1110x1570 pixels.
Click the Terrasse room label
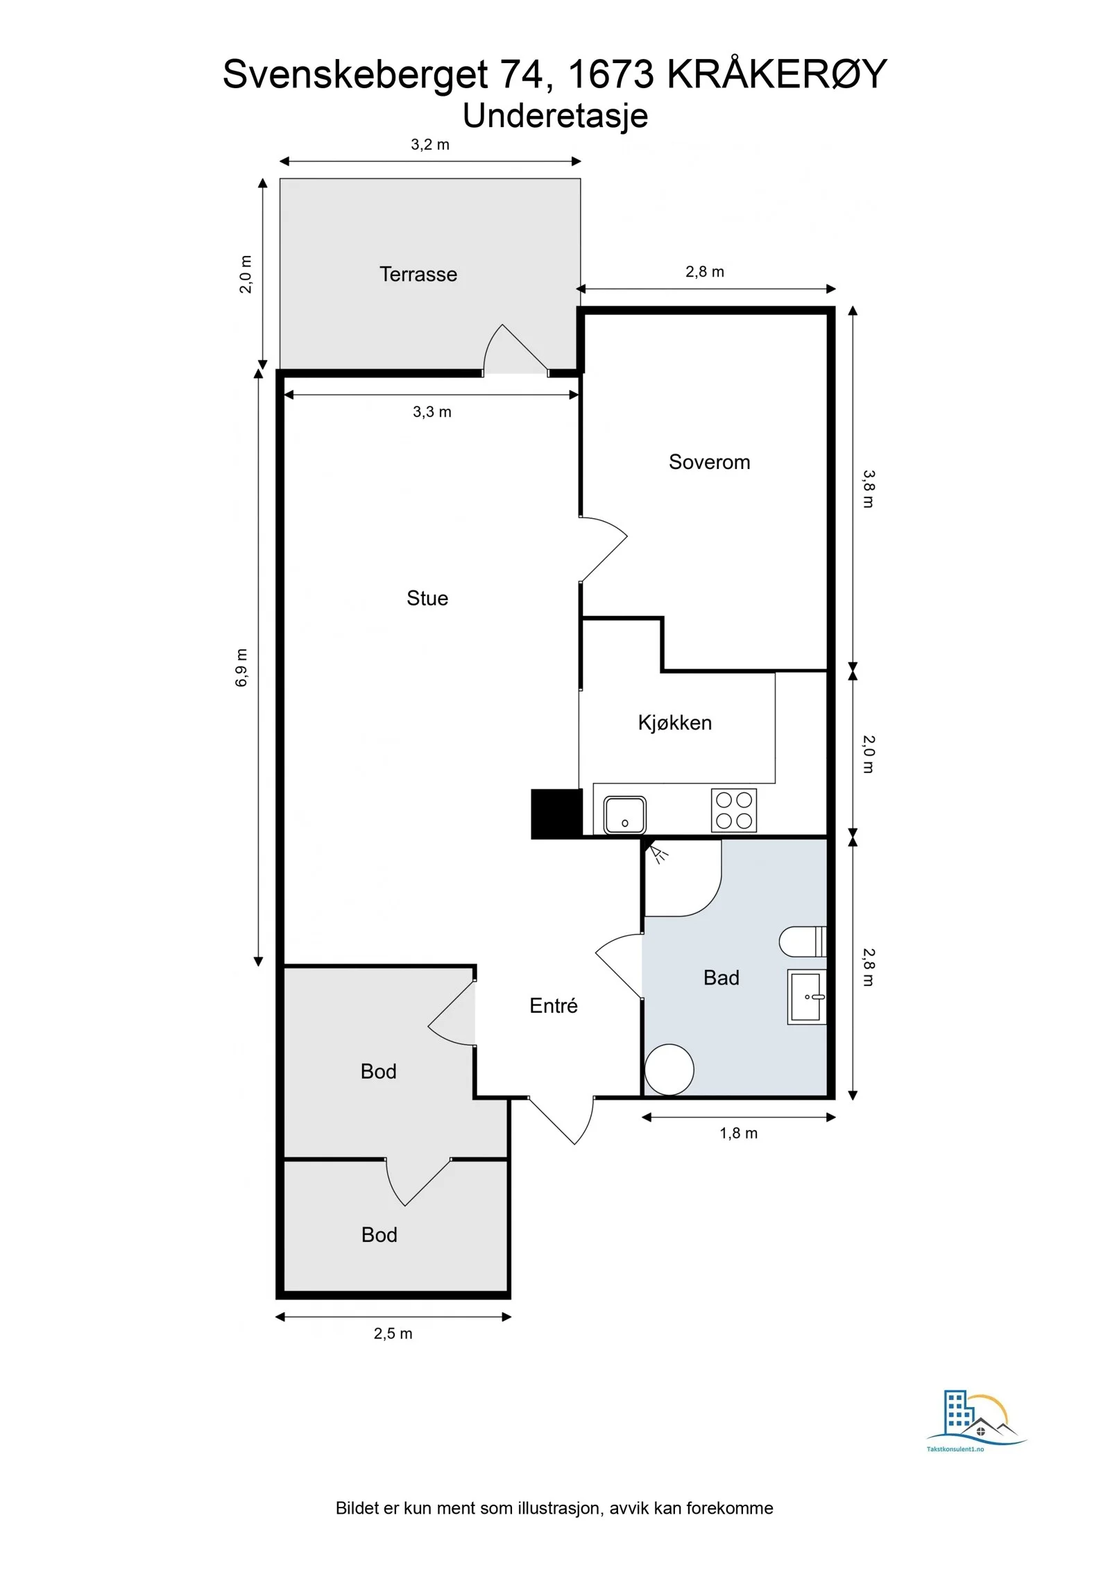(x=418, y=274)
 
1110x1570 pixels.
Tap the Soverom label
(x=709, y=462)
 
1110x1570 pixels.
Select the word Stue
(x=427, y=598)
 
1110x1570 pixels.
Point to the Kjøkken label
(x=674, y=723)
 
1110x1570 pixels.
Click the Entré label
(x=553, y=1005)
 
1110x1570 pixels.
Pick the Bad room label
(x=721, y=978)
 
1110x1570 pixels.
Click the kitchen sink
(x=624, y=814)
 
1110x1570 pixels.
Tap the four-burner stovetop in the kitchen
(x=734, y=810)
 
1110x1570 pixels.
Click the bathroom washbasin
(x=807, y=997)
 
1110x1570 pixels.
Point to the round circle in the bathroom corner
(x=669, y=1070)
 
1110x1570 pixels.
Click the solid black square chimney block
(x=556, y=814)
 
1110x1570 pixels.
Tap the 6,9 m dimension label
(x=241, y=667)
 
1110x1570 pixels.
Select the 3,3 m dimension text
(x=432, y=412)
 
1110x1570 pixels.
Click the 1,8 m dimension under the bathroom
(x=738, y=1133)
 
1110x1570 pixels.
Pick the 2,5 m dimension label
(x=393, y=1333)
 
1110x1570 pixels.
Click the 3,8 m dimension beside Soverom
(x=869, y=489)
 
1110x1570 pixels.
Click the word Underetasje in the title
(x=555, y=116)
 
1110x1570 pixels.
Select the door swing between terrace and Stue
(x=515, y=348)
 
